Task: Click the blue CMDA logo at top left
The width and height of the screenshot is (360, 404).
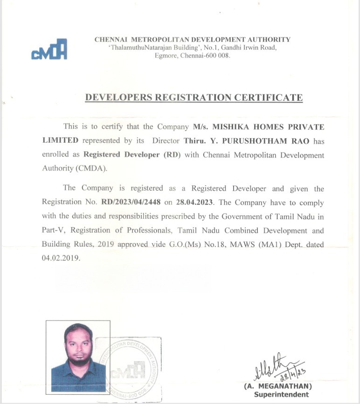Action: (49, 49)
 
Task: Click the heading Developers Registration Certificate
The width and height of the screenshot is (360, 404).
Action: (194, 98)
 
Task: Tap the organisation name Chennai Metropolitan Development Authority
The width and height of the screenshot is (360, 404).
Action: (192, 40)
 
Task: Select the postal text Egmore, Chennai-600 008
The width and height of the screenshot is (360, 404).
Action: (192, 56)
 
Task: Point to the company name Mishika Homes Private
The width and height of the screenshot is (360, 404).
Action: (258, 127)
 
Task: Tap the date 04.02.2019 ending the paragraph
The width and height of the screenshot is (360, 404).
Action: (61, 258)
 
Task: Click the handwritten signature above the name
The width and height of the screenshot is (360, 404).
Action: (277, 367)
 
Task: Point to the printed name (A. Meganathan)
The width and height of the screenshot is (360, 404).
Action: (278, 386)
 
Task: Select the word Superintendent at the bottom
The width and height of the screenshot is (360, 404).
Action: (281, 395)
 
